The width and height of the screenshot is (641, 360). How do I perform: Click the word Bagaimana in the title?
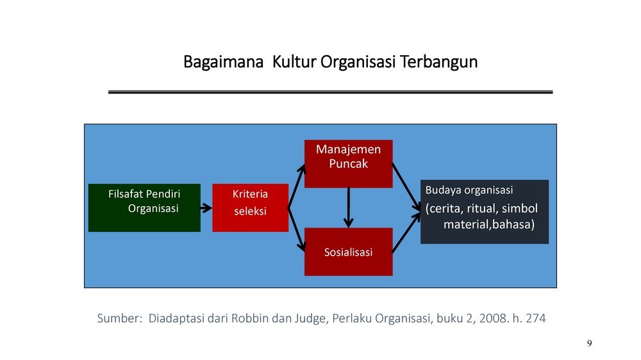click(223, 62)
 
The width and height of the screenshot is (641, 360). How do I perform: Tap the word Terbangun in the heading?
click(438, 62)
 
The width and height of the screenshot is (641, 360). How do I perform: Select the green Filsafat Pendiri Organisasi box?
click(144, 208)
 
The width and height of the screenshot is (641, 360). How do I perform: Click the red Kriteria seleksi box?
click(250, 208)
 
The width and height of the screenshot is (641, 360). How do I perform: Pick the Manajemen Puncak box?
click(348, 164)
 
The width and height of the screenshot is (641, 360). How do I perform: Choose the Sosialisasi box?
click(348, 252)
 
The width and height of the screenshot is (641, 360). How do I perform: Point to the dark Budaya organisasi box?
click(485, 211)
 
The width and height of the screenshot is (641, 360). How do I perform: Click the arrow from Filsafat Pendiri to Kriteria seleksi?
click(206, 208)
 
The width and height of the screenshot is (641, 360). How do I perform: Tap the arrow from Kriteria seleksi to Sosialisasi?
click(297, 229)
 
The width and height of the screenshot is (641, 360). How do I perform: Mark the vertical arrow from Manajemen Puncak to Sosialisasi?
click(348, 208)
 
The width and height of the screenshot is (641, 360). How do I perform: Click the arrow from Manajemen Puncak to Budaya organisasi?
click(406, 187)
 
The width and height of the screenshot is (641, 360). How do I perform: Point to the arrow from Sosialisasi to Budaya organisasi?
click(406, 233)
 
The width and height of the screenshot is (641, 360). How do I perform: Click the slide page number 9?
click(589, 343)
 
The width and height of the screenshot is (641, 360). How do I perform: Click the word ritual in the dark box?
click(482, 208)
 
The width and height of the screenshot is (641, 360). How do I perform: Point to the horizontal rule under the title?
click(330, 92)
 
